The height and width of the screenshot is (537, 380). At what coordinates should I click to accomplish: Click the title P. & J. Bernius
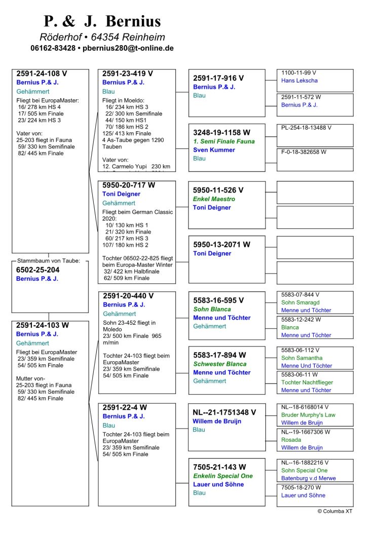pyautogui.click(x=102, y=21)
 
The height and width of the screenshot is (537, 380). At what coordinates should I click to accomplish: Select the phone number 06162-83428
pyautogui.click(x=53, y=48)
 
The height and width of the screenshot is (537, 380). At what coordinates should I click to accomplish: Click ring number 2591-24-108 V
pyautogui.click(x=42, y=73)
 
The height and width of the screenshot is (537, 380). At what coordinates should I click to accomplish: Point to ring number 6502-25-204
pyautogui.click(x=37, y=270)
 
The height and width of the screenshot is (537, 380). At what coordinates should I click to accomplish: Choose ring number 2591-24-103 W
pyautogui.click(x=43, y=325)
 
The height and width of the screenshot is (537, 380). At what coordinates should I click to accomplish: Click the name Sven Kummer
pyautogui.click(x=214, y=150)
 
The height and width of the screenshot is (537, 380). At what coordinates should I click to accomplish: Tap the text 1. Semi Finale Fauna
pyautogui.click(x=223, y=141)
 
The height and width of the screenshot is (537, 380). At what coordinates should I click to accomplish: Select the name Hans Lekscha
pyautogui.click(x=299, y=81)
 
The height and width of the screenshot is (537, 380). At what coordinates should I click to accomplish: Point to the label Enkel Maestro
pyautogui.click(x=214, y=199)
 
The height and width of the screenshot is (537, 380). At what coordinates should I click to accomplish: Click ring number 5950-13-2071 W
pyautogui.click(x=221, y=244)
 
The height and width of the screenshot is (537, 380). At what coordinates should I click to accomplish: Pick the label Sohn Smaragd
pyautogui.click(x=300, y=302)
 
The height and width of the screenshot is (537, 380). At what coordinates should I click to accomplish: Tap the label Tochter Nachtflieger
pyautogui.click(x=307, y=382)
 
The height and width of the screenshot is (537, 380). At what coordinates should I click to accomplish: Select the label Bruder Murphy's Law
pyautogui.click(x=308, y=415)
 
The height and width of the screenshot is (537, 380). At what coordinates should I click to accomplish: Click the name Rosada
pyautogui.click(x=291, y=440)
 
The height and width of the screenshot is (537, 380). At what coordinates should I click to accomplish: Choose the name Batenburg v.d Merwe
pyautogui.click(x=308, y=478)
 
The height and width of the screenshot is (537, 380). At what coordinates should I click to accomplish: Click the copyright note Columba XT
pyautogui.click(x=335, y=511)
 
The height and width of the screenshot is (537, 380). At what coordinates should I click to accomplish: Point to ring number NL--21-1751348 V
pyautogui.click(x=224, y=412)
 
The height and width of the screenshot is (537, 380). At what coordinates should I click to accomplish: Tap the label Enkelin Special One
pyautogui.click(x=222, y=476)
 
